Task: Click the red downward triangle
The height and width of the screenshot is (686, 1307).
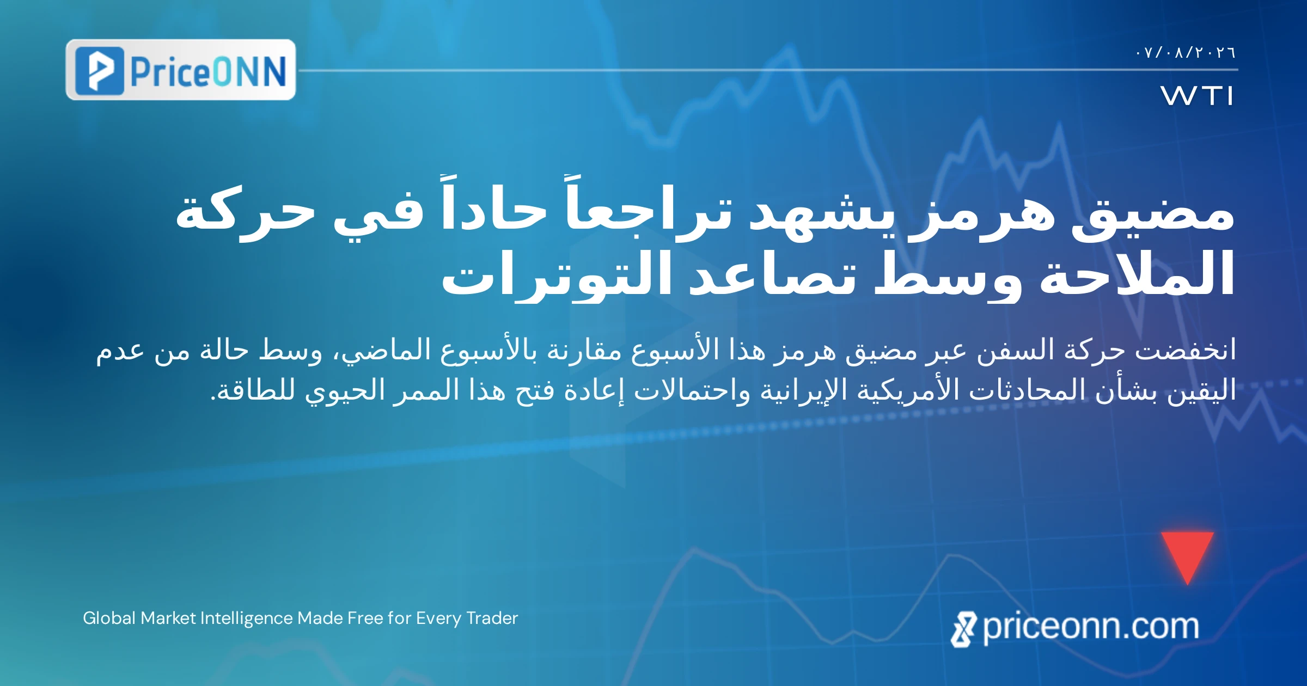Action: coord(1187,554)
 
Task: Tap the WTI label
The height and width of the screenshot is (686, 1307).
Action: coord(1196,96)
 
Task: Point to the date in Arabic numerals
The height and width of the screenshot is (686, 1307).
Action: coord(1185,52)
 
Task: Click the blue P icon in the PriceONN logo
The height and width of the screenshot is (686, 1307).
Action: coord(100,70)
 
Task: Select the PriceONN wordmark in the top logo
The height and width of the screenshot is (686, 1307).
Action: coord(209,71)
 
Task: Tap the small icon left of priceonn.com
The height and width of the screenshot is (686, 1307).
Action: coord(963,629)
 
